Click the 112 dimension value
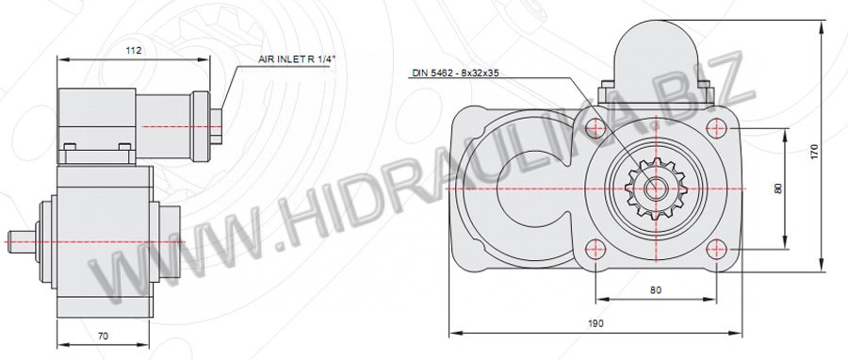(133, 51)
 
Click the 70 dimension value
(103, 335)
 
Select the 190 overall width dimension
(596, 324)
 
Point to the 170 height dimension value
(815, 150)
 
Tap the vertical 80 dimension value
(778, 188)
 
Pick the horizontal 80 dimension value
(656, 289)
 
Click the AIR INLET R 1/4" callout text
(297, 60)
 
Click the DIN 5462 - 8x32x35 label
(455, 73)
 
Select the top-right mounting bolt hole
(716, 128)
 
